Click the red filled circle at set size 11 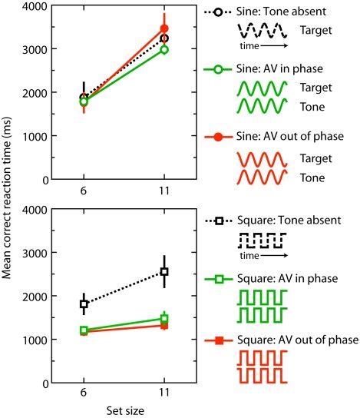click(163, 28)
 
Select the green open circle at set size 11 click(163, 50)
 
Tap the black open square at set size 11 click(163, 271)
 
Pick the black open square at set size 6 click(84, 304)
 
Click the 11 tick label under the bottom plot click(163, 392)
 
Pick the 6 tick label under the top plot click(84, 189)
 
